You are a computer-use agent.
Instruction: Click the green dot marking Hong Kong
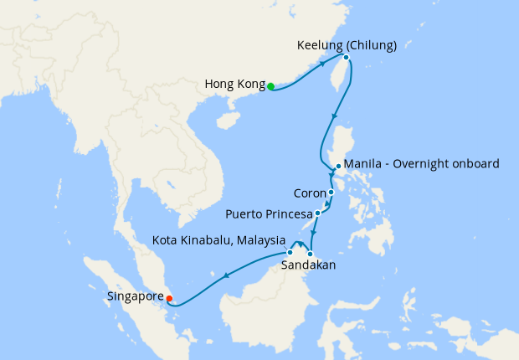(270, 85)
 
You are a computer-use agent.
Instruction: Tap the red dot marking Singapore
(170, 296)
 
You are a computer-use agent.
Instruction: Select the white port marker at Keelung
(346, 58)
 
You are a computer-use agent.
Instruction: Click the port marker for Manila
(337, 167)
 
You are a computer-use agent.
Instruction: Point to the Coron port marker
(331, 193)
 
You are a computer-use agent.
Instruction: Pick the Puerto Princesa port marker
(317, 213)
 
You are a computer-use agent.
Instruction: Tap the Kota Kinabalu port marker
(290, 252)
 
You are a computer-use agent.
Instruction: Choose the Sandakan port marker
(311, 254)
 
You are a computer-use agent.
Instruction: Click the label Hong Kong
(234, 85)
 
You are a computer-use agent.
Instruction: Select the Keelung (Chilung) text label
(347, 45)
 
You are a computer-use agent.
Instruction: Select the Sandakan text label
(309, 265)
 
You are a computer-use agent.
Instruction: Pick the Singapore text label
(135, 296)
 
